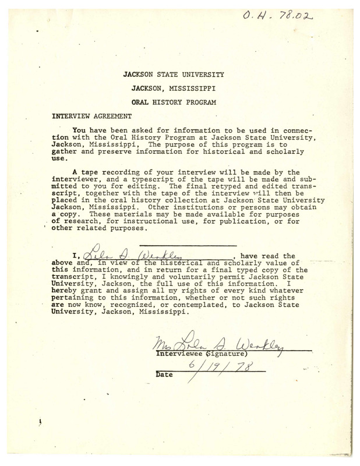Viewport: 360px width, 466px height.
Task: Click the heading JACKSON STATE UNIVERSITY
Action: point(173,75)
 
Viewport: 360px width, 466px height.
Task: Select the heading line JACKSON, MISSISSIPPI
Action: point(173,89)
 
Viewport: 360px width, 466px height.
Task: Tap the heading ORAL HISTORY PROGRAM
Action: point(173,103)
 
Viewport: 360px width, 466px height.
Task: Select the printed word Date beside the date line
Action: point(165,376)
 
